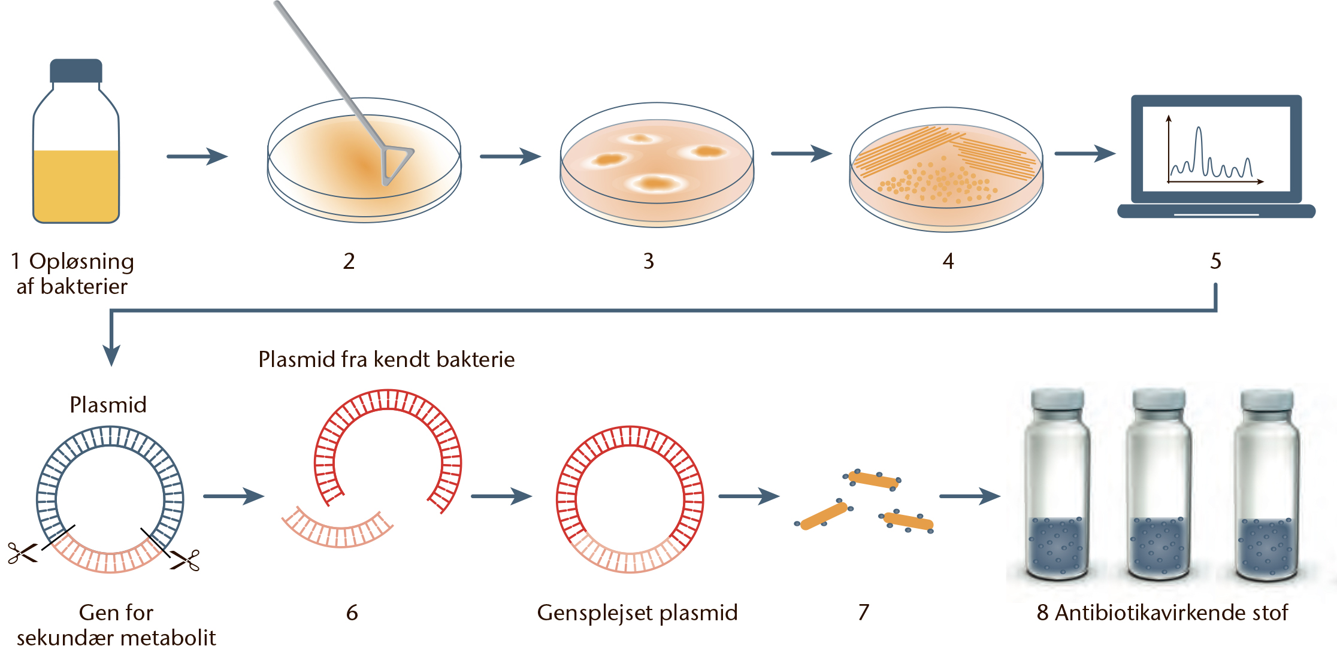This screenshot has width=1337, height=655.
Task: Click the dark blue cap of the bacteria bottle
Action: pos(76,71)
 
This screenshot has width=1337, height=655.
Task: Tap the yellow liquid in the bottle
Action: pos(76,186)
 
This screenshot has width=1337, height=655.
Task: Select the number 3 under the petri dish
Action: pos(649,261)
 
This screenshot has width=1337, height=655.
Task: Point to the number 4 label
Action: pos(948,261)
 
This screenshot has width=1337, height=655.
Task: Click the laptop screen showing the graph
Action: pos(1216,149)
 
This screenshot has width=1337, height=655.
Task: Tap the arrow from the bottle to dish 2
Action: pos(197,156)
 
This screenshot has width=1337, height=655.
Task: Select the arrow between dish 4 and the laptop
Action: pos(1085,153)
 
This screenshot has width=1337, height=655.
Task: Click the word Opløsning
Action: pos(81,262)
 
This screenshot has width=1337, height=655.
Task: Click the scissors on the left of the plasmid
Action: pos(22,553)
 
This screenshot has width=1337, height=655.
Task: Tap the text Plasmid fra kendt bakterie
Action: pos(386,359)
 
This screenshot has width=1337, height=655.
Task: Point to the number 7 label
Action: pos(863,612)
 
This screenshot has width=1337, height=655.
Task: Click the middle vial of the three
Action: pos(1158,485)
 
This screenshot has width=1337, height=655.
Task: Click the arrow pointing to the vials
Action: pos(970,496)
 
